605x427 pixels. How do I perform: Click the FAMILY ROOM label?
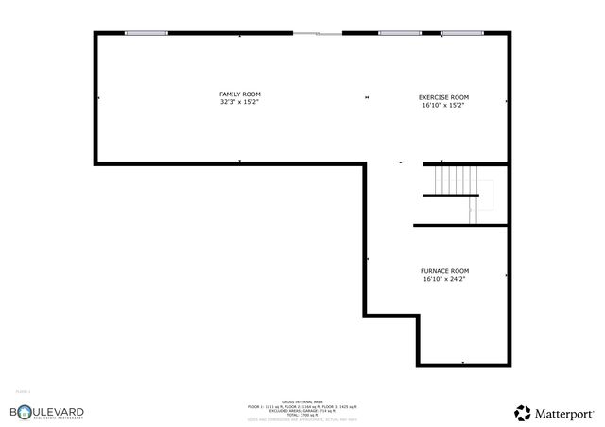(x=239, y=94)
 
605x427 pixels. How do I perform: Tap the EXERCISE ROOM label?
(x=443, y=97)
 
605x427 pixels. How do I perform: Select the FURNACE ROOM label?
(x=443, y=271)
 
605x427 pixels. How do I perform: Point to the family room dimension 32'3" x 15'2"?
(x=239, y=102)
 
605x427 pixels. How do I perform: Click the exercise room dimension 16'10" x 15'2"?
(x=443, y=106)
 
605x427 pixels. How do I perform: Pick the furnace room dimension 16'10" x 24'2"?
(x=443, y=280)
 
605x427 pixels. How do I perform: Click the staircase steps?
(x=452, y=179)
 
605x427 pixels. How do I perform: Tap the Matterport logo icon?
(x=522, y=412)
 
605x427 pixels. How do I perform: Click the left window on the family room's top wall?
(x=147, y=33)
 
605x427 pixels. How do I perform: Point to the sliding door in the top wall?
(x=317, y=33)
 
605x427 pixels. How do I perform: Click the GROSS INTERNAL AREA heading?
(x=302, y=401)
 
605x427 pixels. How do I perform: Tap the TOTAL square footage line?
(x=302, y=415)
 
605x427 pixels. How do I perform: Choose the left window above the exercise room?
(x=399, y=33)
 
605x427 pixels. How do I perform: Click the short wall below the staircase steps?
(x=451, y=196)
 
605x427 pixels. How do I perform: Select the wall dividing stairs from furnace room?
(x=460, y=225)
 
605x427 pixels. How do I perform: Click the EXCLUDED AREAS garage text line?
(x=302, y=410)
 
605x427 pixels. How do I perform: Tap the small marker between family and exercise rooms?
(x=367, y=96)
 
